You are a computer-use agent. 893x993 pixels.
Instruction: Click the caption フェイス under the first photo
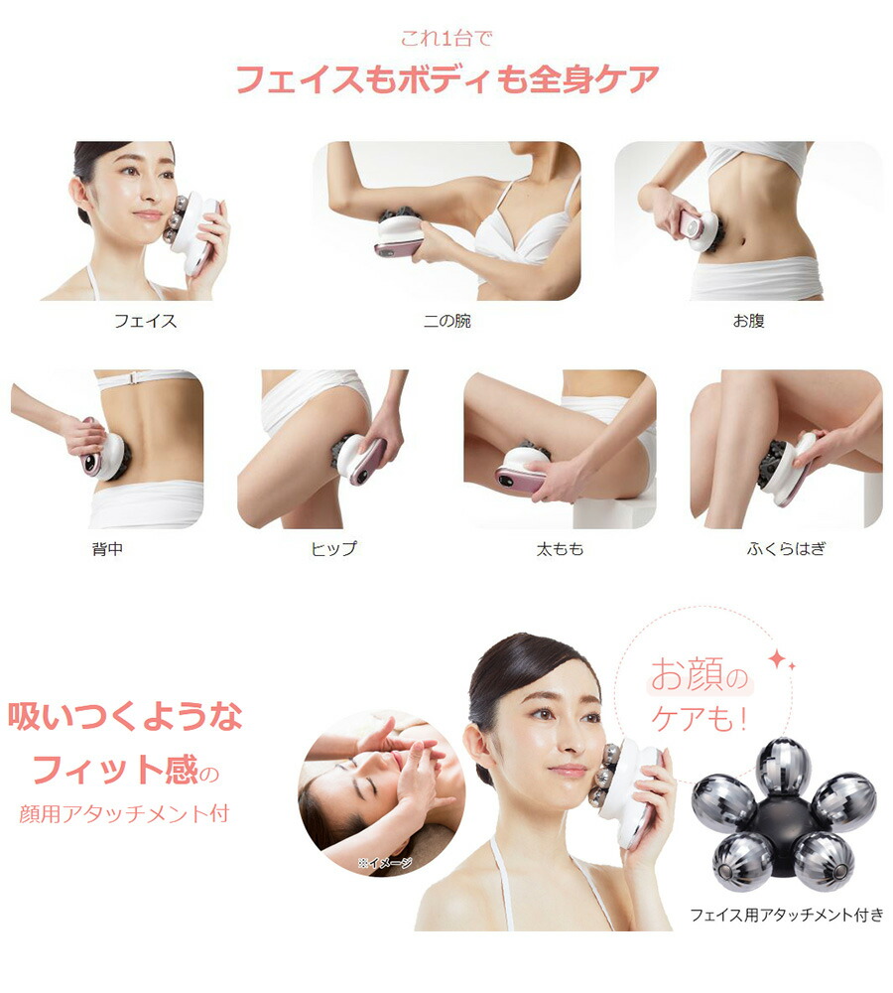(145, 321)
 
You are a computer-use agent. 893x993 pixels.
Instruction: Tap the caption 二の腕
(446, 321)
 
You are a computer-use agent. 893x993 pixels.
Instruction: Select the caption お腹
(748, 321)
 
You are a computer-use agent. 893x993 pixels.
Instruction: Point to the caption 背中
(106, 548)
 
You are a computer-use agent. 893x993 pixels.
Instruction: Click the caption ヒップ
(333, 548)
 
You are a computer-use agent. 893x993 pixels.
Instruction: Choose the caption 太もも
(560, 548)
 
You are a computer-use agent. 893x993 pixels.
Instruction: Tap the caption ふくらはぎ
(786, 548)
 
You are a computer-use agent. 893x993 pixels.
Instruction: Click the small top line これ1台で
(446, 40)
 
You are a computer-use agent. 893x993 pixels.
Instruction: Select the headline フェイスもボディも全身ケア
(446, 79)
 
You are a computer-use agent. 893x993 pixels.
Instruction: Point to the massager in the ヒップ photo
(361, 459)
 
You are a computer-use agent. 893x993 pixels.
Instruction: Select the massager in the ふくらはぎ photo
(788, 467)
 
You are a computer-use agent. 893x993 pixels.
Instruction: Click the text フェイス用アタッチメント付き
(786, 915)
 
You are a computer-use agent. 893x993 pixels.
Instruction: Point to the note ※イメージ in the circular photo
(384, 863)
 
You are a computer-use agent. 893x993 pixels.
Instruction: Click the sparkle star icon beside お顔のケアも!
(777, 660)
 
